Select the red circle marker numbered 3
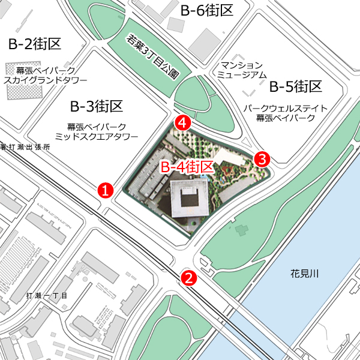pyautogui.click(x=262, y=159)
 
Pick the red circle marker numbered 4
pyautogui.click(x=183, y=123)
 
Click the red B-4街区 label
pyautogui.click(x=187, y=167)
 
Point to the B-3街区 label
pyautogui.click(x=96, y=107)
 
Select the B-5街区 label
pyautogui.click(x=296, y=87)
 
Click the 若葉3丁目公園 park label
pyautogui.click(x=153, y=56)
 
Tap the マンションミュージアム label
pyautogui.click(x=242, y=70)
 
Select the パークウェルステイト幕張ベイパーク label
pyautogui.click(x=285, y=113)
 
